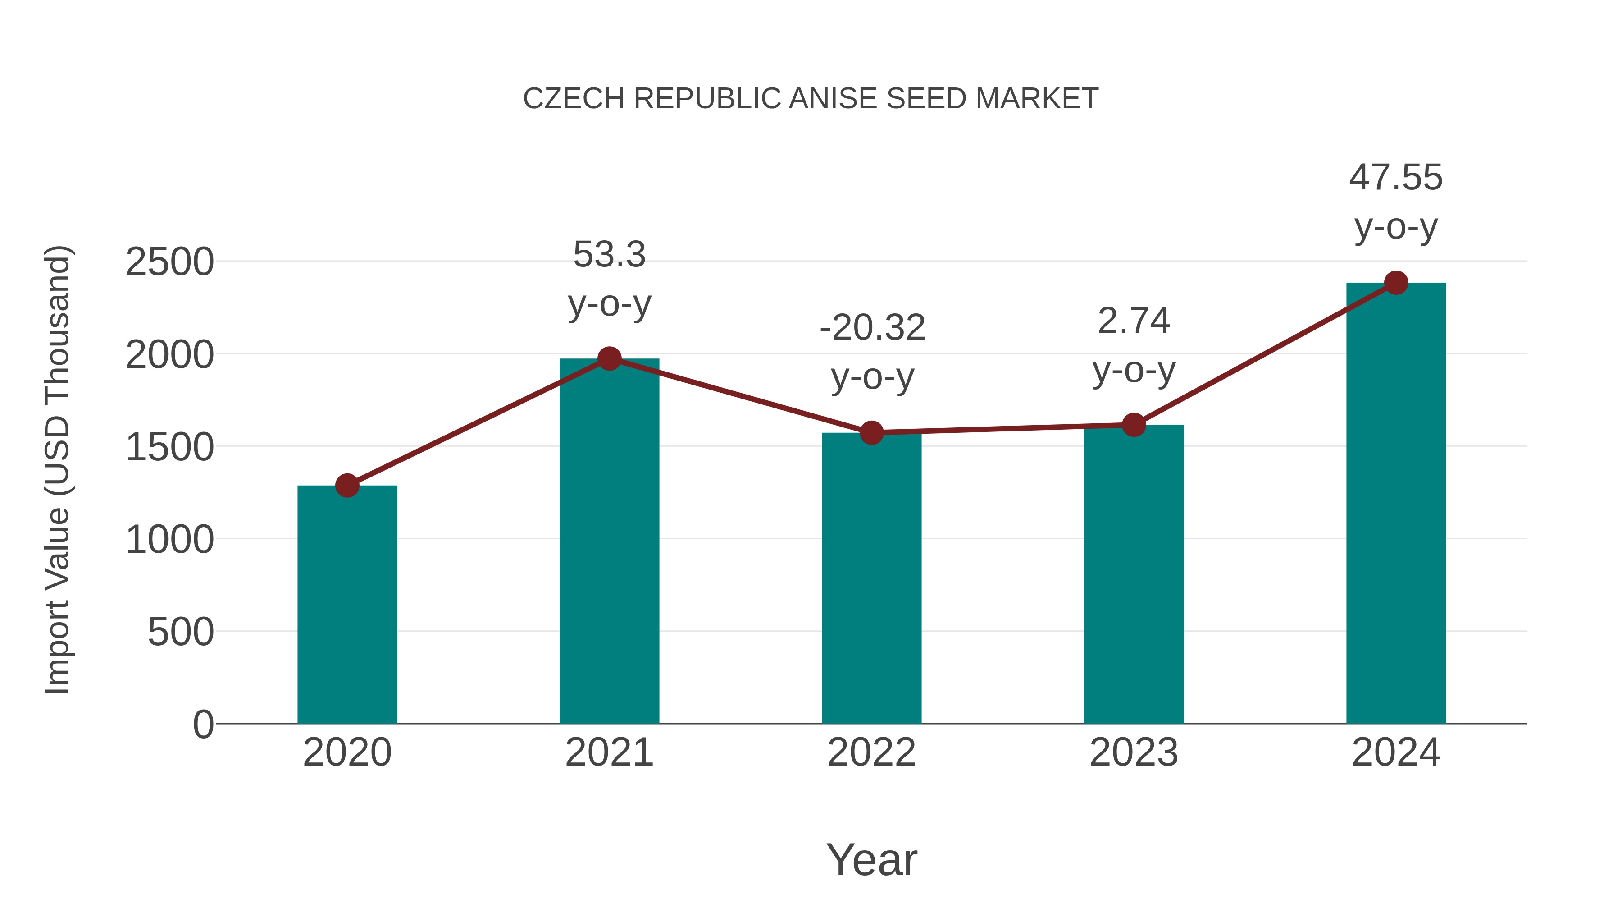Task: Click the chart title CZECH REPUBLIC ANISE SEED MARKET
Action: point(811,99)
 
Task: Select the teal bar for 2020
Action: point(347,605)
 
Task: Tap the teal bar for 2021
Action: point(609,542)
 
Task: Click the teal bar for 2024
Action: point(1396,504)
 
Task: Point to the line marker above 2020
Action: point(347,485)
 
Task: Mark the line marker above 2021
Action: point(609,358)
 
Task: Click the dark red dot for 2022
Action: point(871,433)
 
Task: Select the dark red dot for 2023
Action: point(1134,425)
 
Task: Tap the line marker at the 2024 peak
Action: point(1396,283)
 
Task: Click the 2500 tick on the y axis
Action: point(169,262)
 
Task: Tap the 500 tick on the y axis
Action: point(181,632)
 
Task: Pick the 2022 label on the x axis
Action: point(871,752)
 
